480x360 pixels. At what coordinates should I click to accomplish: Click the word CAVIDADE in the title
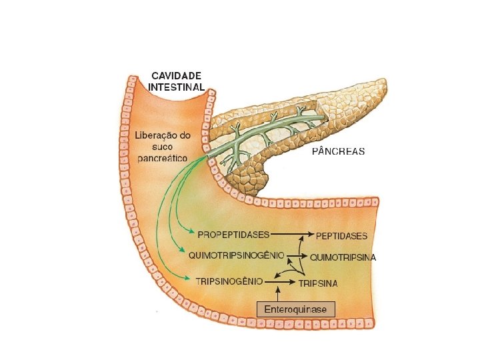pyautogui.click(x=176, y=76)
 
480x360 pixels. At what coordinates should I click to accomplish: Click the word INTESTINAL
pyautogui.click(x=176, y=87)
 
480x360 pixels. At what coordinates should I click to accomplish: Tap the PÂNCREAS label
pyautogui.click(x=339, y=151)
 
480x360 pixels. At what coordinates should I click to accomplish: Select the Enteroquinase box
pyautogui.click(x=296, y=310)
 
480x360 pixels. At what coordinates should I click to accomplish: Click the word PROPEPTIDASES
pyautogui.click(x=233, y=234)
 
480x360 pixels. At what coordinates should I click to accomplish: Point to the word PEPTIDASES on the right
pyautogui.click(x=341, y=236)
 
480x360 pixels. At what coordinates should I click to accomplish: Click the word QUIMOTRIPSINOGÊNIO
pyautogui.click(x=237, y=255)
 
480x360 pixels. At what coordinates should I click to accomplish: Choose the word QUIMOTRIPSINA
pyautogui.click(x=343, y=257)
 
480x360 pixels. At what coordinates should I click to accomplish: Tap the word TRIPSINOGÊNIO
pyautogui.click(x=229, y=281)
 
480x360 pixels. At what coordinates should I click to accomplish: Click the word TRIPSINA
pyautogui.click(x=318, y=283)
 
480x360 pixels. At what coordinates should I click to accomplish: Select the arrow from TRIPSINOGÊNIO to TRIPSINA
pyautogui.click(x=281, y=282)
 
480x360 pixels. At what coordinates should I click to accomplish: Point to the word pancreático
pyautogui.click(x=162, y=158)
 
